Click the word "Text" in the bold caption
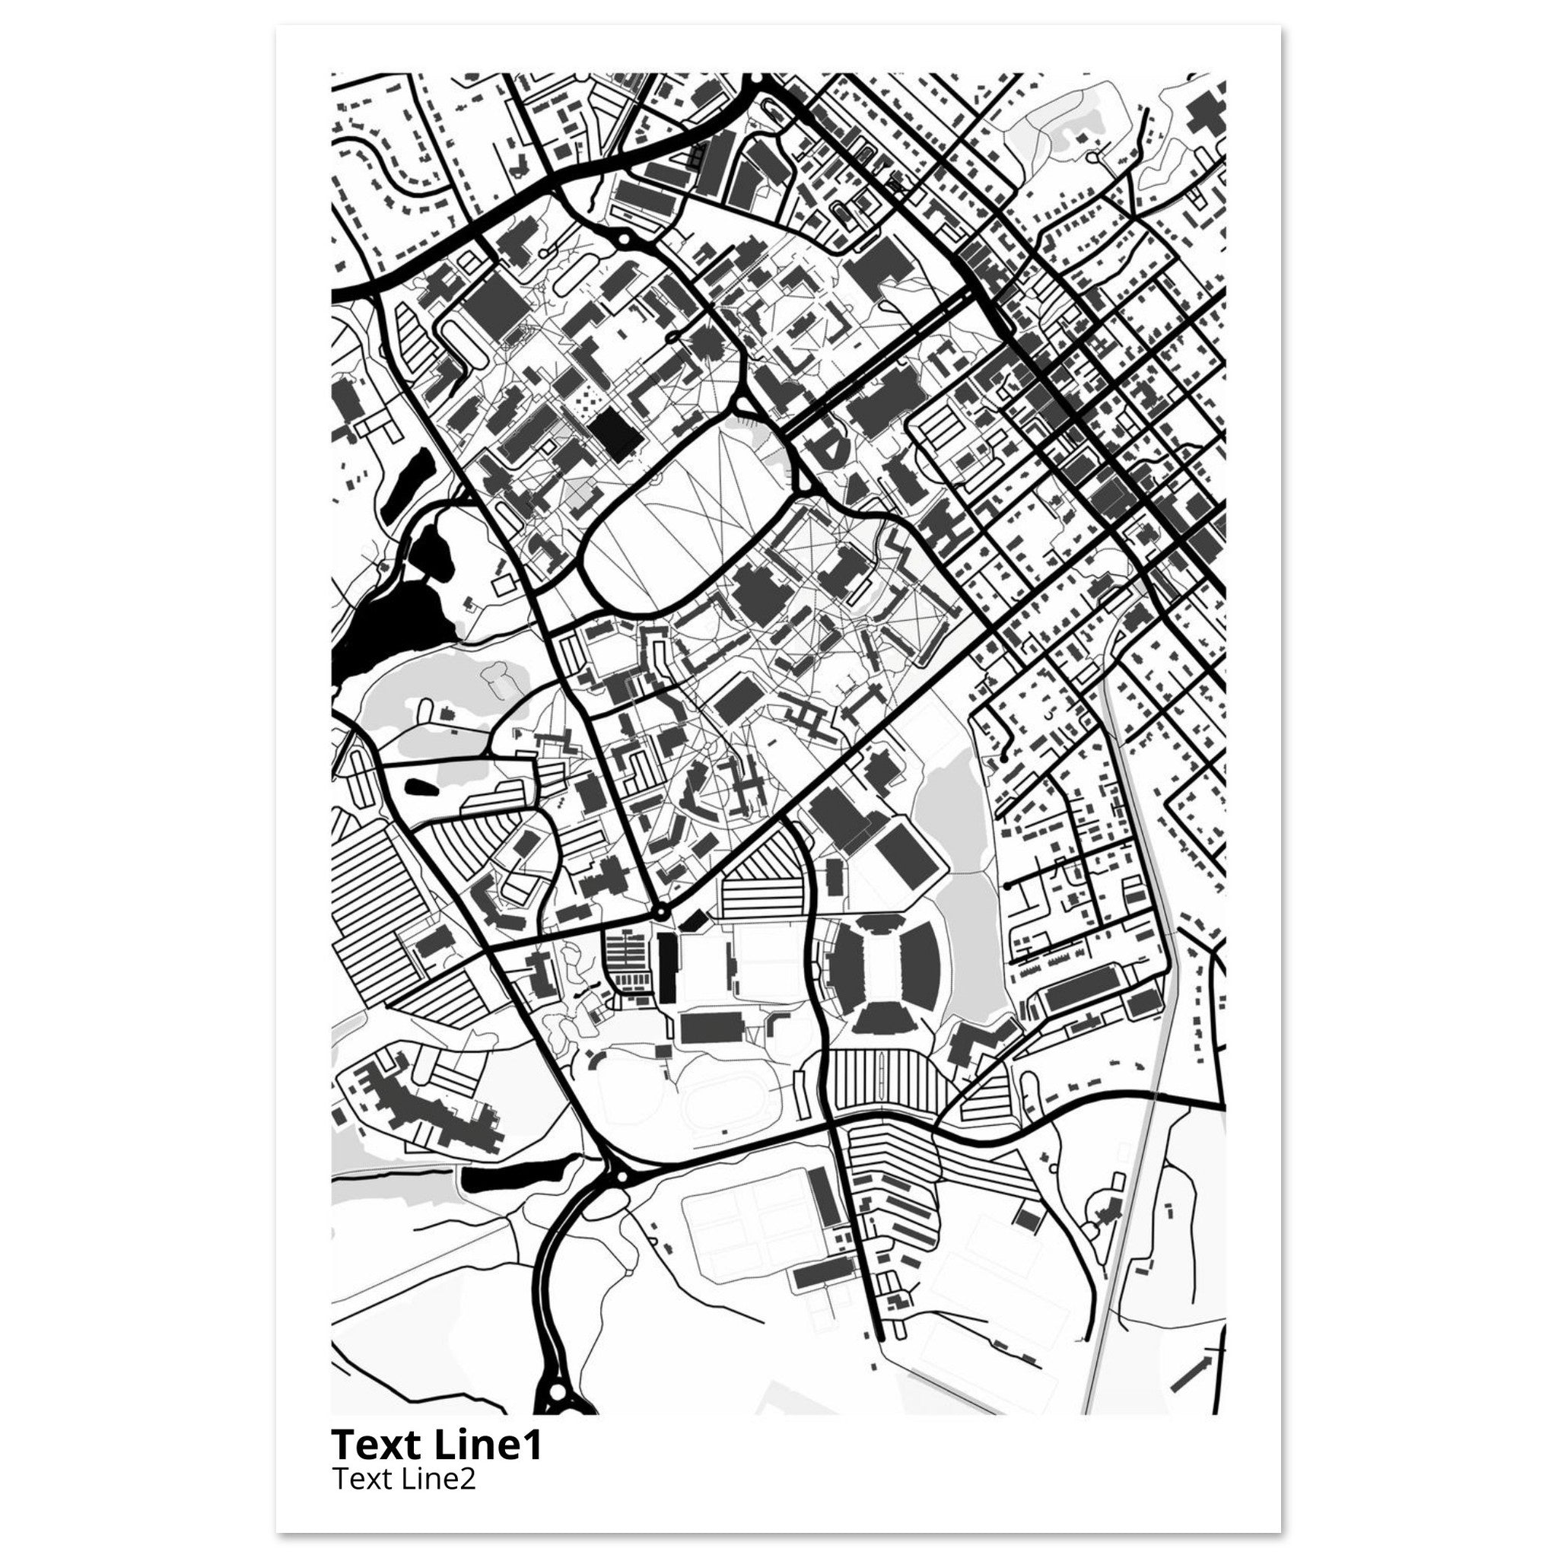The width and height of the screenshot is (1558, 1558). point(378,1445)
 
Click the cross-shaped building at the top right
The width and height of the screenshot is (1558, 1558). point(1205,113)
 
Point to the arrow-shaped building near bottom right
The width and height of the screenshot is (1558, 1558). point(1192,1371)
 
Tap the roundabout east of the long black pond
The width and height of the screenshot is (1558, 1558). point(621,1178)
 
